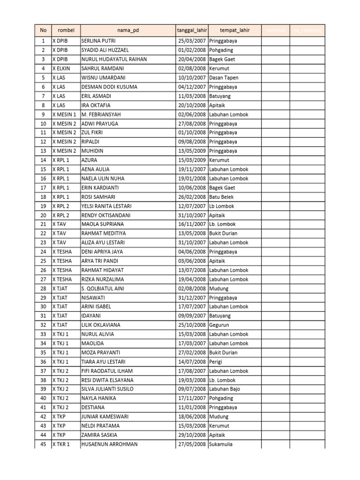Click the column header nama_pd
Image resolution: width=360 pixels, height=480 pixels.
pyautogui.click(x=127, y=30)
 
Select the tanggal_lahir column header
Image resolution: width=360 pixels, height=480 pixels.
pyautogui.click(x=191, y=30)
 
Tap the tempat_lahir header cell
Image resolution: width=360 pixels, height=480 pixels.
pyautogui.click(x=234, y=30)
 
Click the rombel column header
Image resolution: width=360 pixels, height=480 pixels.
pyautogui.click(x=66, y=30)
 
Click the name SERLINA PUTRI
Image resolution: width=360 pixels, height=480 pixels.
pyautogui.click(x=98, y=41)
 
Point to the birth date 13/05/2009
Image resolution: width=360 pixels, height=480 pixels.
pyautogui.click(x=191, y=151)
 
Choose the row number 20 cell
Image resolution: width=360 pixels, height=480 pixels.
pyautogui.click(x=43, y=215)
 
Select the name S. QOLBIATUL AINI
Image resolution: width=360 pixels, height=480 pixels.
pyautogui.click(x=103, y=288)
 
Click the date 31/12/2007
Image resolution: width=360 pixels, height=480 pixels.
pyautogui.click(x=191, y=298)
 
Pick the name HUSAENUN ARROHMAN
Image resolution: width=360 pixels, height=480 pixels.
pyautogui.click(x=110, y=444)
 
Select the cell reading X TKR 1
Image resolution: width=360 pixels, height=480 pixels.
pyautogui.click(x=61, y=444)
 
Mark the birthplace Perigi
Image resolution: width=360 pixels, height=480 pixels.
pyautogui.click(x=217, y=362)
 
